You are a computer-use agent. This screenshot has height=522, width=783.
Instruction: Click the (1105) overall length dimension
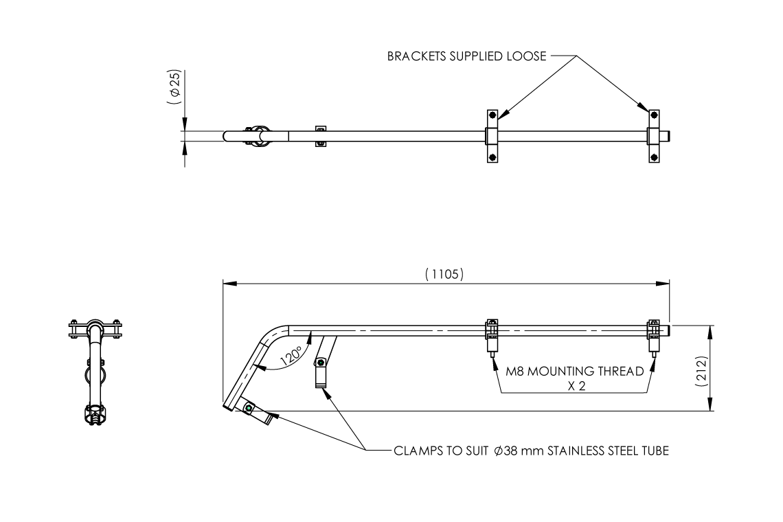444,274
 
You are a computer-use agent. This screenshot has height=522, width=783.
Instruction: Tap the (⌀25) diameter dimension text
174,87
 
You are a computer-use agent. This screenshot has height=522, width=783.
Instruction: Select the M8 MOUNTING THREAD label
574,372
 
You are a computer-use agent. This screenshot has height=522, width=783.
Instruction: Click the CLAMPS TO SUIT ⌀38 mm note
531,451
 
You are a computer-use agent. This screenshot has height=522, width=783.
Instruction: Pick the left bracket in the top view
492,136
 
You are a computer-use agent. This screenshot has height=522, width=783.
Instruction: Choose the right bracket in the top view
653,136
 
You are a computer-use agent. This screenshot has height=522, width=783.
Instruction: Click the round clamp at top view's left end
258,136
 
